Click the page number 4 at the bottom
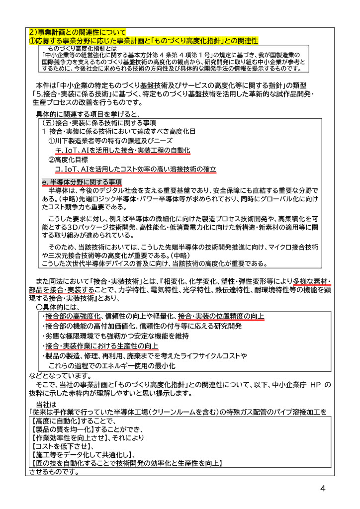click(x=323, y=488)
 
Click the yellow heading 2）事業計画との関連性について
click(x=77, y=33)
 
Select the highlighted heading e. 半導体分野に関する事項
click(x=82, y=182)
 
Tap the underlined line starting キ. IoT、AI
click(x=122, y=150)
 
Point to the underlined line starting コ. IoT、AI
click(x=135, y=170)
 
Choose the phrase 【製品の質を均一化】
click(x=61, y=429)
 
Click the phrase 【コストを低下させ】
click(x=58, y=447)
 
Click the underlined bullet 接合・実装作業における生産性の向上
click(x=102, y=346)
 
